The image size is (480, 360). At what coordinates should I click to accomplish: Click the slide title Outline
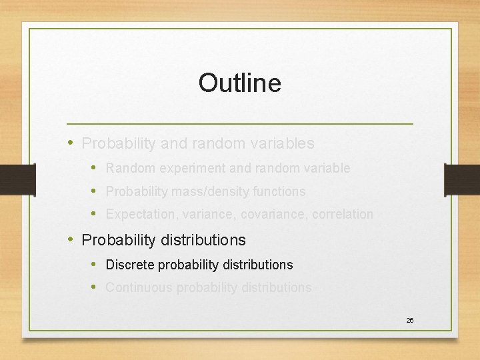coord(239,83)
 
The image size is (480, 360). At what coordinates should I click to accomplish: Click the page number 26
coord(410,321)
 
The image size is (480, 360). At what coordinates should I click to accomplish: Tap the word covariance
coord(261,215)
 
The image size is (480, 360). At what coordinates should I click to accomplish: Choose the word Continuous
coord(136,288)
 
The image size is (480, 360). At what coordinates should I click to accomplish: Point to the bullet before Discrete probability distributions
coord(94,265)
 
